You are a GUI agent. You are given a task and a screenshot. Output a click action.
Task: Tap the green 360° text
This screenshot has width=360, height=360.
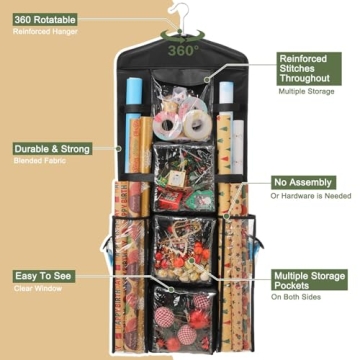(x=181, y=49)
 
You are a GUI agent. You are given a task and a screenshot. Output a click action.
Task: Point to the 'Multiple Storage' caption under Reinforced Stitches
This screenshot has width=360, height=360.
(x=303, y=91)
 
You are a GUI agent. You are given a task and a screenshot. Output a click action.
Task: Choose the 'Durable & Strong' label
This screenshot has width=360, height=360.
(x=52, y=149)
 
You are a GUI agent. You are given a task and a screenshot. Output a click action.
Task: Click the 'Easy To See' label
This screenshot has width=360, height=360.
(x=42, y=274)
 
